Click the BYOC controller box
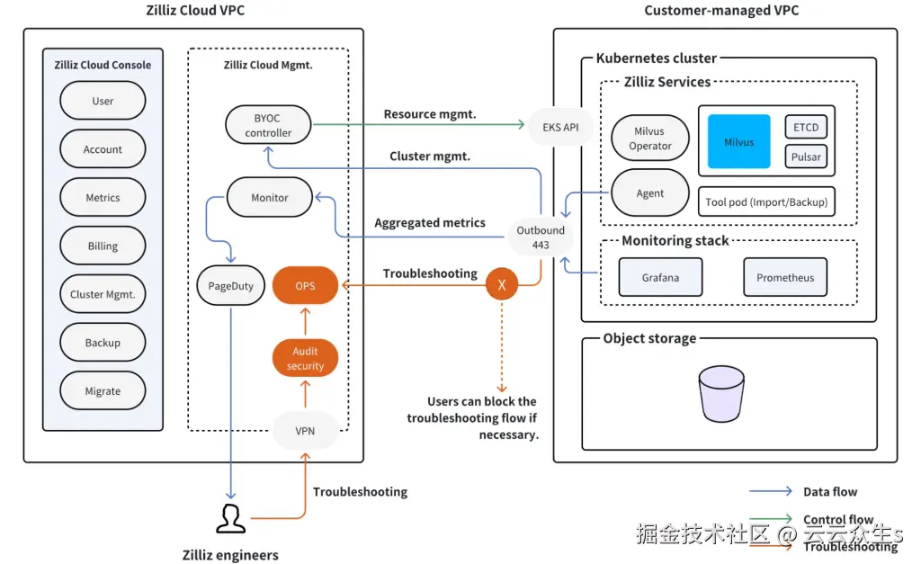(268, 125)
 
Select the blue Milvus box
(739, 141)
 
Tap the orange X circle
(502, 285)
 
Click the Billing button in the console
(103, 246)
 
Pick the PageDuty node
(231, 286)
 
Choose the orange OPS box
(305, 285)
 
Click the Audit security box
(305, 359)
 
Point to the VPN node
(305, 430)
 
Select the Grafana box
(660, 277)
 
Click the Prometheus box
(784, 277)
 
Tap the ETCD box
(806, 127)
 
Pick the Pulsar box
(806, 157)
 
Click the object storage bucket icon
(722, 393)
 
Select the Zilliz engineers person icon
(230, 518)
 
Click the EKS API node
(560, 127)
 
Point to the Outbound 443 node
(541, 237)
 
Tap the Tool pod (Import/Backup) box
(766, 201)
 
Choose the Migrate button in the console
(103, 390)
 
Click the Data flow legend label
(829, 492)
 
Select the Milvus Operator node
(650, 139)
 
